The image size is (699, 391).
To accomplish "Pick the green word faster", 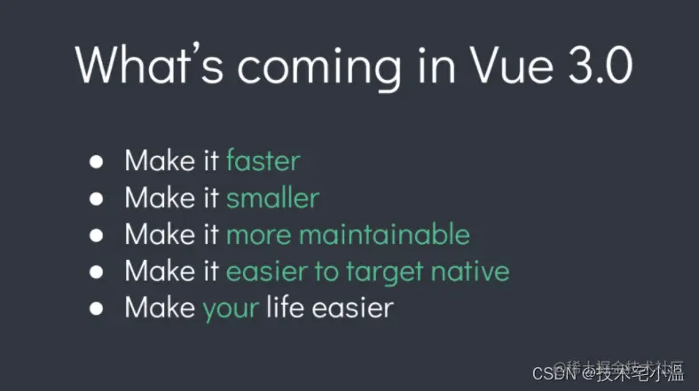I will (x=263, y=160).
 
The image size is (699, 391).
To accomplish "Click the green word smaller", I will (x=272, y=197).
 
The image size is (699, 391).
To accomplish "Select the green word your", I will (x=231, y=309).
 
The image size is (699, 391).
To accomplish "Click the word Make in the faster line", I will (x=160, y=160).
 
